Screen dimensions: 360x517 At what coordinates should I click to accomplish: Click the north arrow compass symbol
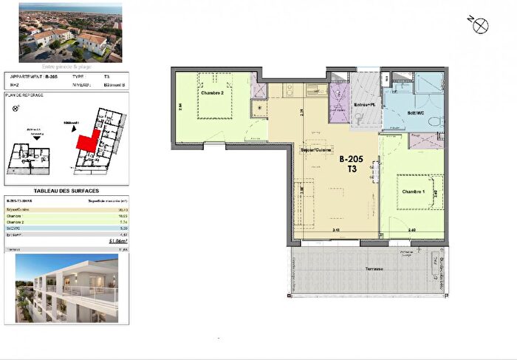coord(482,24)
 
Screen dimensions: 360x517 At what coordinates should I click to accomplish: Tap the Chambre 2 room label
coord(211,93)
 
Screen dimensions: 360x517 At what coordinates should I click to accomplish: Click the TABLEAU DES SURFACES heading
coord(67,191)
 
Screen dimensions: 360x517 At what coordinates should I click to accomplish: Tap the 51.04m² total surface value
coord(118,241)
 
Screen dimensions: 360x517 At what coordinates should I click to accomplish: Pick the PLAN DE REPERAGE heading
coord(24,95)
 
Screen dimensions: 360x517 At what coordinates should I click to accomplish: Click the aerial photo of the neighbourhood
coord(72,32)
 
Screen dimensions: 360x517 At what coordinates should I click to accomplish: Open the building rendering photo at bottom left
coord(67,289)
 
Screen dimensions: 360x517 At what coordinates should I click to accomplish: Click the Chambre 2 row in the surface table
coord(67,222)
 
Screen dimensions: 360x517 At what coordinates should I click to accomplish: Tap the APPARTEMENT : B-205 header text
coord(35,76)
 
